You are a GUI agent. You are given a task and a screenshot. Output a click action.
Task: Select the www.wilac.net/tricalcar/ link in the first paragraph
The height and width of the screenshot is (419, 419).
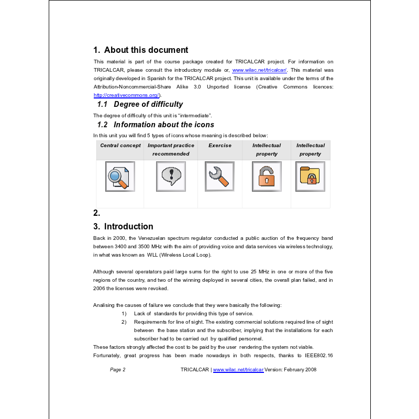259,70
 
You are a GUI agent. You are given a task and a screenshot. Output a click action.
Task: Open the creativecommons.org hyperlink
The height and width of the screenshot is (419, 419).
126,95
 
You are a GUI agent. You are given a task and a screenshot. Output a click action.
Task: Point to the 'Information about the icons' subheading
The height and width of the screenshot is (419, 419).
163,125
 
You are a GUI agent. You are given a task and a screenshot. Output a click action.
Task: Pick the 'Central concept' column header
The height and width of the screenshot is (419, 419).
120,146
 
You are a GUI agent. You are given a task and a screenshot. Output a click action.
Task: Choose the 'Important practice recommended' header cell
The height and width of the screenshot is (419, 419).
171,150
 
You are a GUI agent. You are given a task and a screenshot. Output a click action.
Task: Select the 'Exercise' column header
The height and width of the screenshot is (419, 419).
220,146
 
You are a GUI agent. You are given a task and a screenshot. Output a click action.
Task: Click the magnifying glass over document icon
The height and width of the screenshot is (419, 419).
120,177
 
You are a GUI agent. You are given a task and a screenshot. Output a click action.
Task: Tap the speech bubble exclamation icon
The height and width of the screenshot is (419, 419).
171,177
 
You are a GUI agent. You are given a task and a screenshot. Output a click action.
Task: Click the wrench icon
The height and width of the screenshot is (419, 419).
219,177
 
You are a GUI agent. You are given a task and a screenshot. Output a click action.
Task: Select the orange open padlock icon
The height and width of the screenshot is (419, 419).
267,177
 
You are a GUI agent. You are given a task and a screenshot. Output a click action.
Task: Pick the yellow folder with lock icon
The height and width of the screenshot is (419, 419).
310,177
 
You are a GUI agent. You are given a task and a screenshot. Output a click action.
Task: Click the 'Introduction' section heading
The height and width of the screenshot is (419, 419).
128,226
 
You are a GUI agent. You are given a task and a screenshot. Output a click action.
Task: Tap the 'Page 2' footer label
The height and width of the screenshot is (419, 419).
118,370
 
